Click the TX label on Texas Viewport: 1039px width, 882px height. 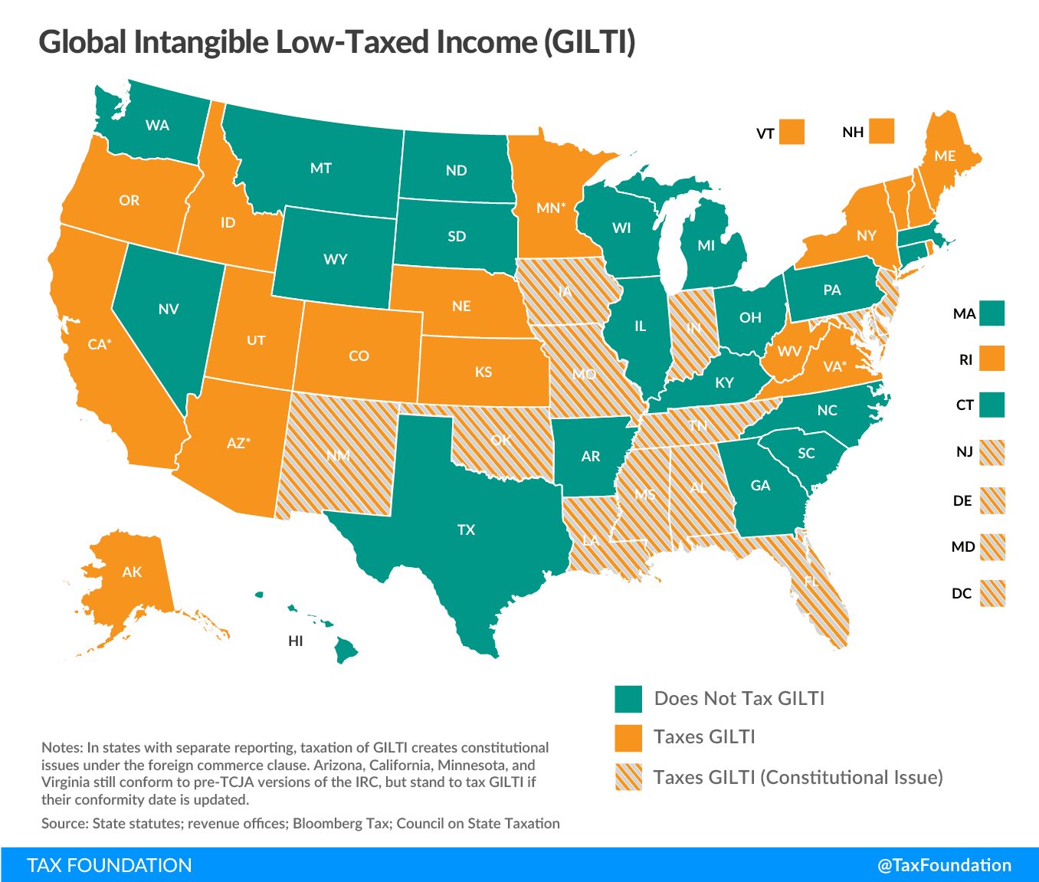(466, 530)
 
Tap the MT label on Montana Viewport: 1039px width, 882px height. (320, 168)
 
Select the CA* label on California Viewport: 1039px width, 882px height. (99, 344)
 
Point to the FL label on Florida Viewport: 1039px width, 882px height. (811, 582)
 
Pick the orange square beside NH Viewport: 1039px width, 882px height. (881, 131)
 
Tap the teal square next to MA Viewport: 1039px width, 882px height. (991, 313)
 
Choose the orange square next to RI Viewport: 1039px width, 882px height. (991, 359)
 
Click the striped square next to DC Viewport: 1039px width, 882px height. (991, 593)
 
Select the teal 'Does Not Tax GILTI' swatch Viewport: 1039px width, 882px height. (628, 699)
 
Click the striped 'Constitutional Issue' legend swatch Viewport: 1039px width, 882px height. (628, 777)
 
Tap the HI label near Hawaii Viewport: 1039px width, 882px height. (296, 641)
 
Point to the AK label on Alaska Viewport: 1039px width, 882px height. (132, 572)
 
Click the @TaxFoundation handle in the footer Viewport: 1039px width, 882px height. (944, 865)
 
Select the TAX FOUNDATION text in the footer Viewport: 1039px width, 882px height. (110, 865)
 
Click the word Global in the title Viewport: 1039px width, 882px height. (83, 42)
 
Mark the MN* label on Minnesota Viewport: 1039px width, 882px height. (550, 208)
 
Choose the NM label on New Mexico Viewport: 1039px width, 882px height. (338, 456)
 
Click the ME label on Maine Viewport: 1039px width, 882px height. (944, 156)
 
